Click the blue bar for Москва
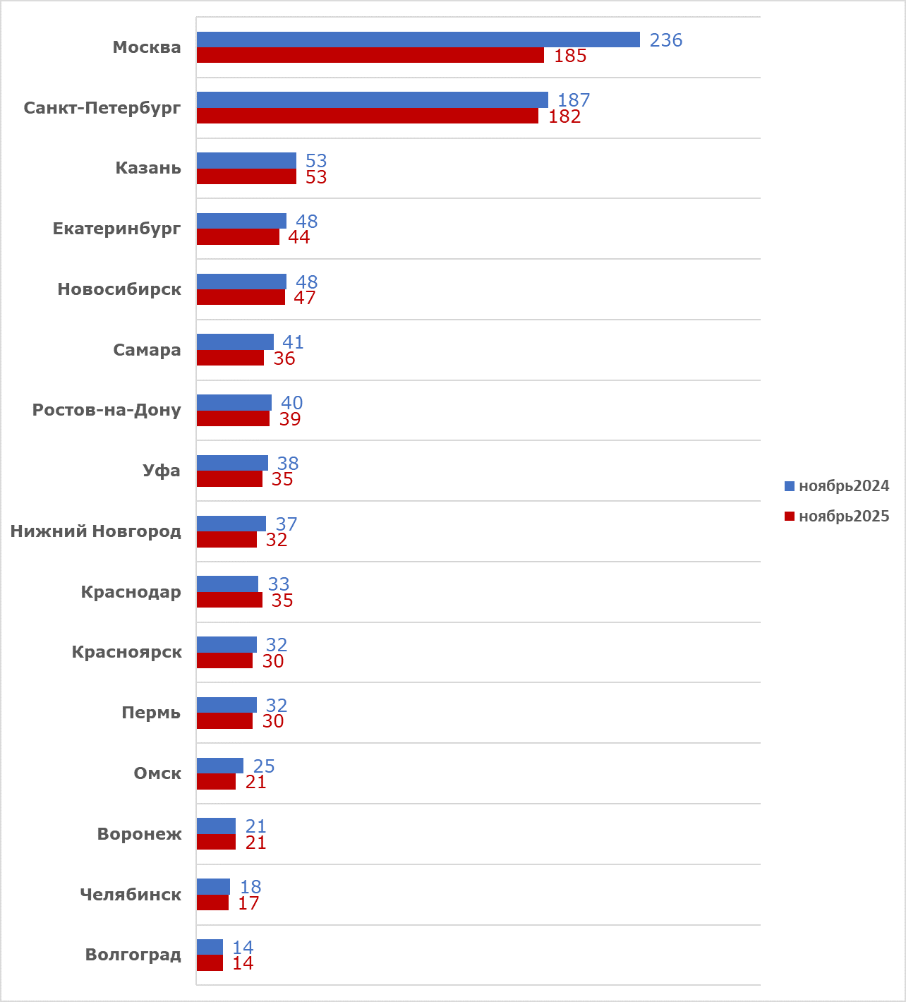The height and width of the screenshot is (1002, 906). coord(418,40)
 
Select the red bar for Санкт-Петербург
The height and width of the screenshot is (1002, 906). coord(367,116)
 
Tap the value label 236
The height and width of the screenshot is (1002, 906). coord(666,40)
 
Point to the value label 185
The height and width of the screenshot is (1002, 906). coord(570,56)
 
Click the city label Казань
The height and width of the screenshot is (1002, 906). coord(148,168)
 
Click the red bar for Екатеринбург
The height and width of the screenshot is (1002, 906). coord(238,237)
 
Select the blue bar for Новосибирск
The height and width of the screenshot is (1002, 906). coord(241,282)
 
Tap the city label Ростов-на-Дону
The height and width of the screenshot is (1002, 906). coord(107,410)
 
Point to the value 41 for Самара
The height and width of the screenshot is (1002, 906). coord(293,342)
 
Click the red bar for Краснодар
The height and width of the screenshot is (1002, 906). coord(229,600)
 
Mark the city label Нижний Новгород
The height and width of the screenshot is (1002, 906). coord(95,531)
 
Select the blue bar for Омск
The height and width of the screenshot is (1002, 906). coord(220,766)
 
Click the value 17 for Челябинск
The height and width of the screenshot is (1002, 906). coord(248,903)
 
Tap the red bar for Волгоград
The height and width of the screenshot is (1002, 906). coord(210,963)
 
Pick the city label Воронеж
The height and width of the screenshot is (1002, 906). coord(139,834)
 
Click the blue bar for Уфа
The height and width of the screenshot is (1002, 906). coord(232,463)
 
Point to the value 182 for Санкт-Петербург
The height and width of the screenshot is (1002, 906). coord(564,116)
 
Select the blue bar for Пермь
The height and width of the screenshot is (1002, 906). coord(226,705)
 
